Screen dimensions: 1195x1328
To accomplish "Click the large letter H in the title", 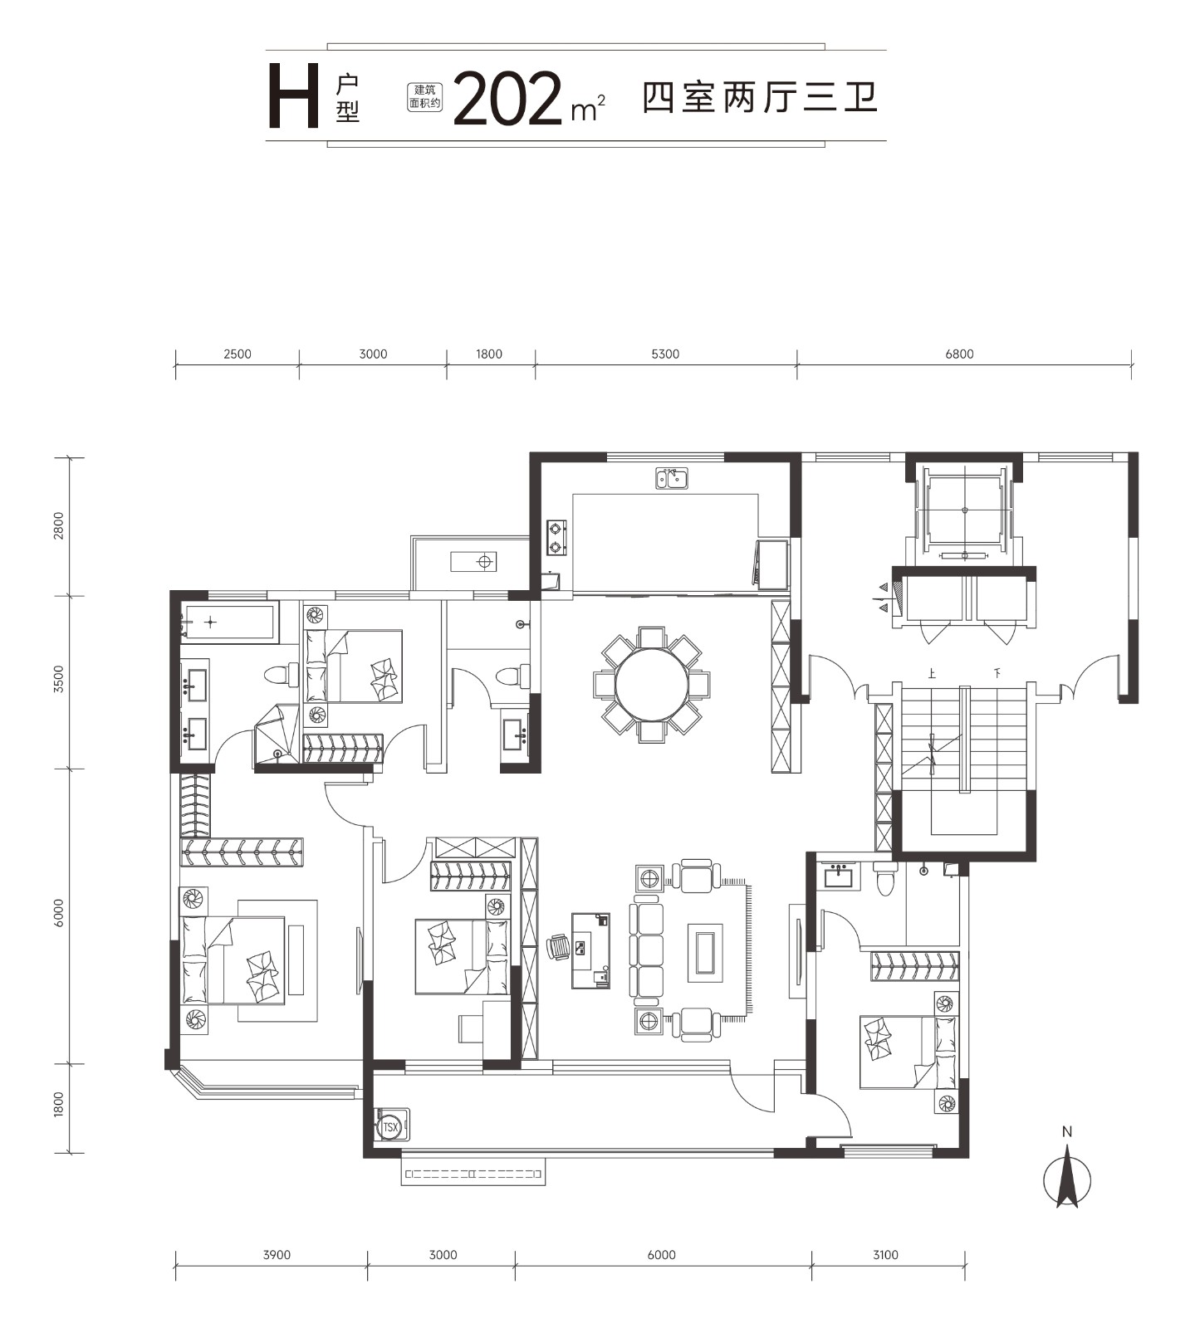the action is point(293,100).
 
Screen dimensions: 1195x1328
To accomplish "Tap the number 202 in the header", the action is point(507,100).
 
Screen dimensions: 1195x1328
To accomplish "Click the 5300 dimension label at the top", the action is point(665,354).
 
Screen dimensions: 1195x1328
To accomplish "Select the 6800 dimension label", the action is point(959,354).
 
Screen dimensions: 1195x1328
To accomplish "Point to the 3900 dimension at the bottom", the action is point(277,1255).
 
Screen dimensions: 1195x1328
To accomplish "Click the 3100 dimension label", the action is point(885,1255).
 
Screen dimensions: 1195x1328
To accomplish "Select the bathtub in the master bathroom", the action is point(228,622).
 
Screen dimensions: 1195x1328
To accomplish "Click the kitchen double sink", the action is point(672,478).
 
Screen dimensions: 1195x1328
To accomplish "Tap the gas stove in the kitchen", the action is point(556,537).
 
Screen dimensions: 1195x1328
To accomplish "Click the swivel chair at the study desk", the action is point(559,946).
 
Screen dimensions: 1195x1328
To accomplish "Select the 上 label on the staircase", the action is point(932,674).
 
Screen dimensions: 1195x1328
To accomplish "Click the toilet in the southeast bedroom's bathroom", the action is point(885,878).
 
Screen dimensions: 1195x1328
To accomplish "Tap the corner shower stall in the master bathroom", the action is point(277,734).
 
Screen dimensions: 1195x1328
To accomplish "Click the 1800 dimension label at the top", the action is point(489,354).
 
